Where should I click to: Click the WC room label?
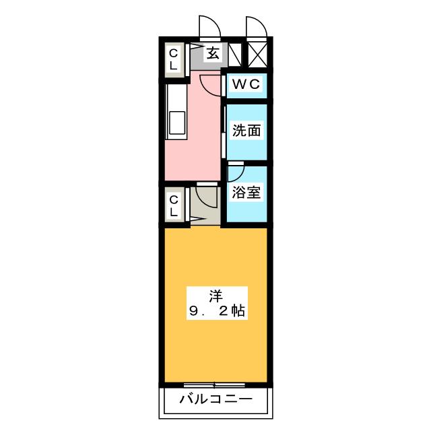(246, 84)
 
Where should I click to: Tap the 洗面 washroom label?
(246, 130)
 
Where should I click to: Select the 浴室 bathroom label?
(246, 192)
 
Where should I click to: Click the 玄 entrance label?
(213, 53)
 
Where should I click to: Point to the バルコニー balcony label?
(215, 399)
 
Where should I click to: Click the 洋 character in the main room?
(216, 296)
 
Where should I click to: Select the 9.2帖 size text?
(217, 311)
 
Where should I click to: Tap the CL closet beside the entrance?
(174, 59)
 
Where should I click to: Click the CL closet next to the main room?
(174, 206)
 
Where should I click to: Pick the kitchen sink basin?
(176, 123)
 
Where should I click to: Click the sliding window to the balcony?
(214, 385)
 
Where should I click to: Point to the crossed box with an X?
(257, 55)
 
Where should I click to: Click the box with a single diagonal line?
(235, 55)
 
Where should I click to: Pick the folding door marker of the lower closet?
(196, 219)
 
